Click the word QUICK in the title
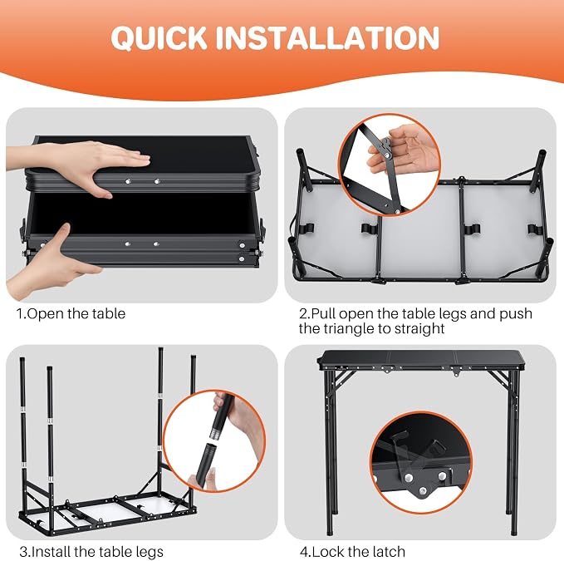coord(159,38)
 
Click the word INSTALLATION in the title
coord(327,37)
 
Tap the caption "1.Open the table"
coord(71,314)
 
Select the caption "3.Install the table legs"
coord(91,551)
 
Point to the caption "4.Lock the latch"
coord(352,551)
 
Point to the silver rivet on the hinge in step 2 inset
coord(387,155)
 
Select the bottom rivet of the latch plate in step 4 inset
coord(423,491)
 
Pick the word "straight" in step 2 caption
coord(419,329)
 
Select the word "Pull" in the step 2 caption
coord(323,314)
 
